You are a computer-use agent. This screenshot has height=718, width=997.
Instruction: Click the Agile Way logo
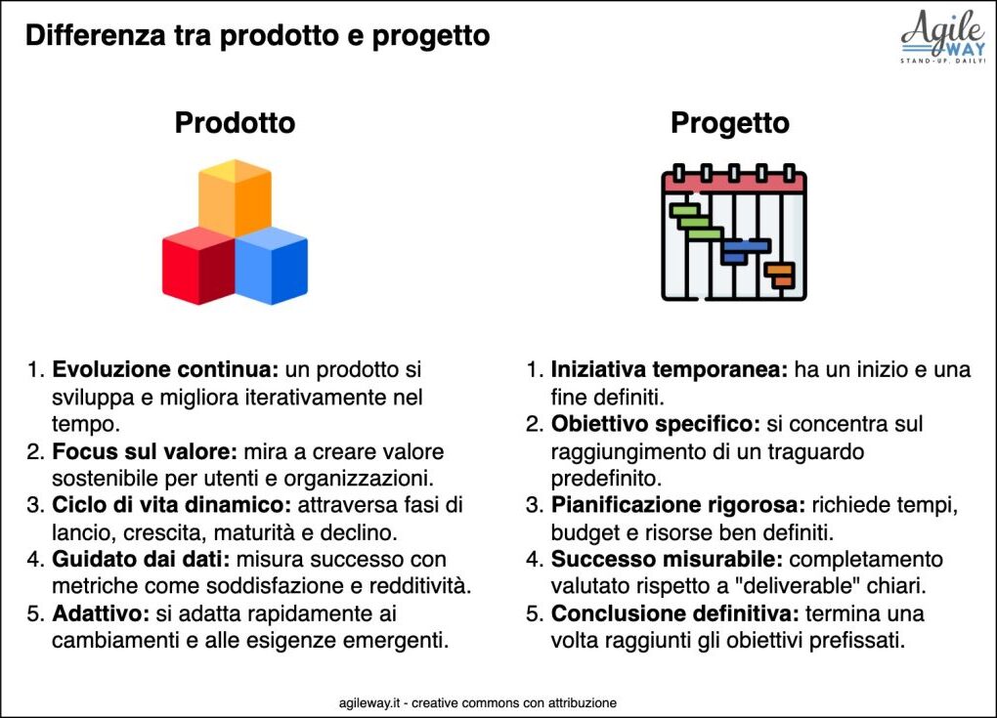943,37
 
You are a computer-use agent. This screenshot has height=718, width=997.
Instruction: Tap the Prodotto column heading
235,123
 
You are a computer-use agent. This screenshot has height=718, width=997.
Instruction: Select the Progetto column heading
730,123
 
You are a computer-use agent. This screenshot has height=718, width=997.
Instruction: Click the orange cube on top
235,197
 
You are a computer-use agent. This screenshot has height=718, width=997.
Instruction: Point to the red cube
198,266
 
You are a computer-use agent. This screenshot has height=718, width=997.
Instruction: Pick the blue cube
272,266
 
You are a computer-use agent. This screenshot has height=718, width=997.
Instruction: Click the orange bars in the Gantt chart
780,275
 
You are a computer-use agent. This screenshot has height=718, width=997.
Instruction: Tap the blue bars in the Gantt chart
745,251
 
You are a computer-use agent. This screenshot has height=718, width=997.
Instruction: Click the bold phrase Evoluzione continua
165,369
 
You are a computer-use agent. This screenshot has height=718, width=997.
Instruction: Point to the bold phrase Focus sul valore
145,451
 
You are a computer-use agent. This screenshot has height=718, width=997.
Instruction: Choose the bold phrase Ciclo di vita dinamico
172,505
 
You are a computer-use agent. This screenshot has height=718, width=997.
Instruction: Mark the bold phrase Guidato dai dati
141,559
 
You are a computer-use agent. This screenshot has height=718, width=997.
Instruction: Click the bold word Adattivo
101,613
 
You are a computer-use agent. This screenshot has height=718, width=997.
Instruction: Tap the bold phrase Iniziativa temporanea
670,369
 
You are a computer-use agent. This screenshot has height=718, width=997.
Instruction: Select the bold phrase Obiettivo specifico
656,424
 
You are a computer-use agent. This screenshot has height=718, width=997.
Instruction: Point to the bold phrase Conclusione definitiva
675,613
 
